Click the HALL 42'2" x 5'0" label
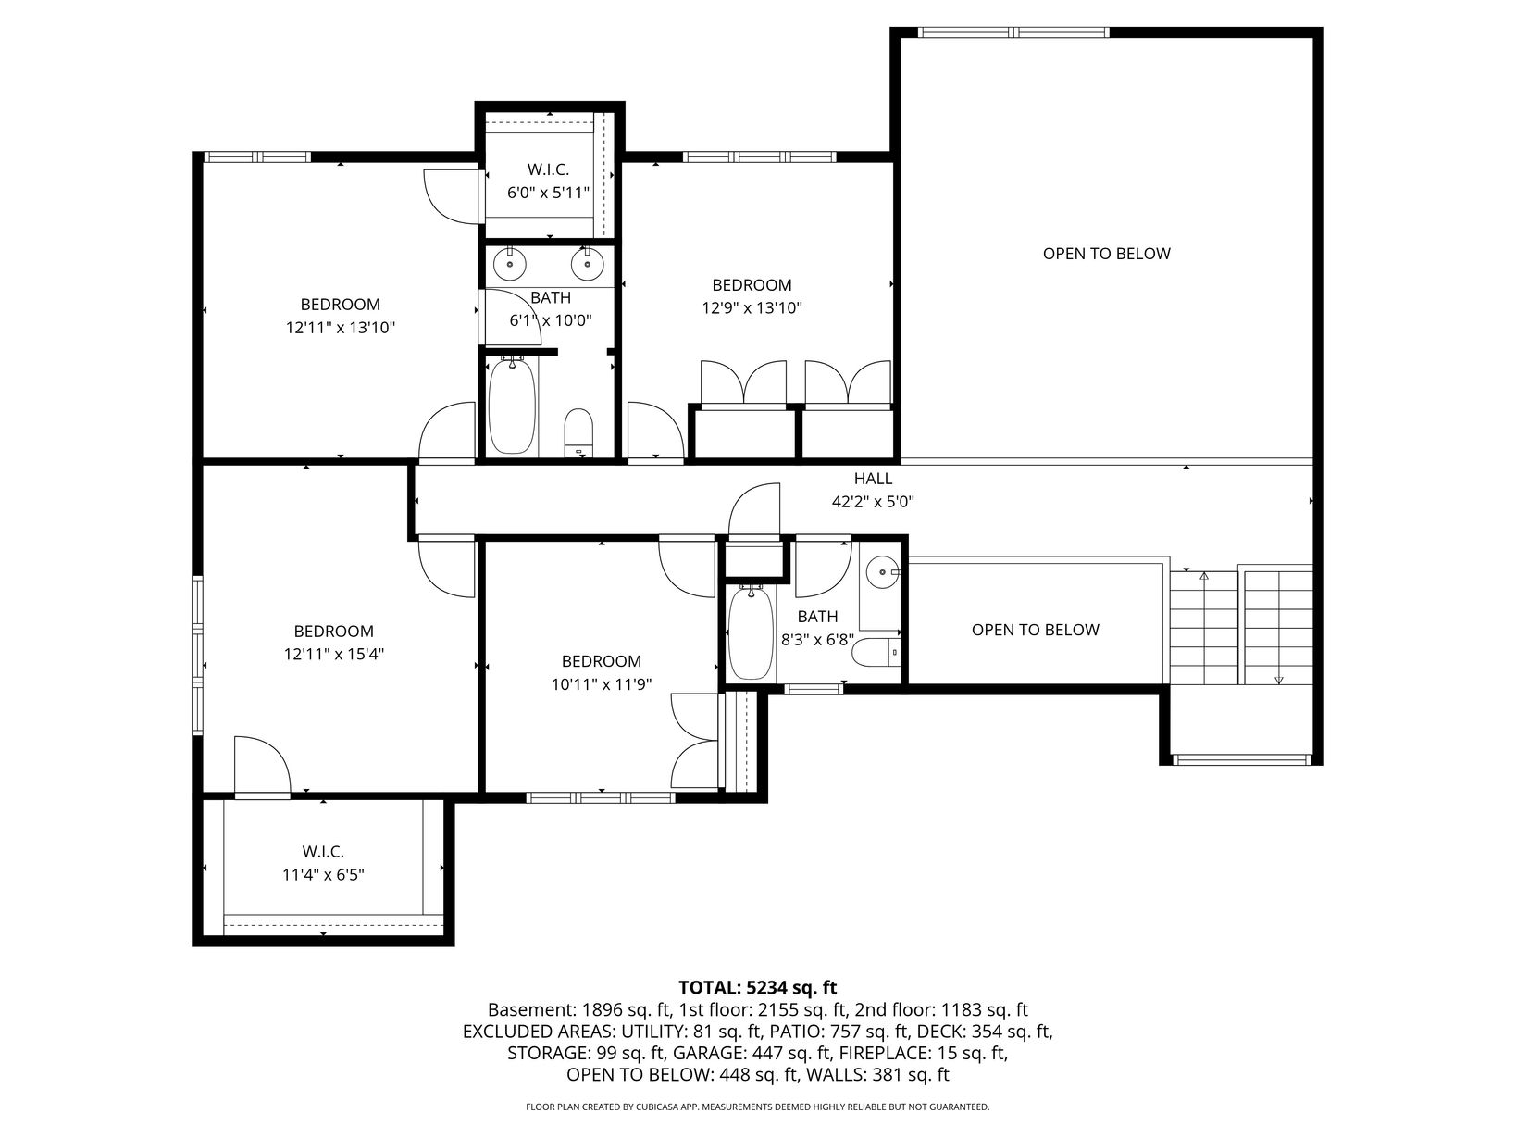(x=873, y=490)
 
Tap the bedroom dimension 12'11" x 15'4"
(x=333, y=654)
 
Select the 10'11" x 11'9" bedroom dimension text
(x=601, y=684)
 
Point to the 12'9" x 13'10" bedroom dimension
(x=752, y=308)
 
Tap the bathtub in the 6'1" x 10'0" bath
(x=512, y=405)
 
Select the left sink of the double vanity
(x=510, y=265)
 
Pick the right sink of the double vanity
(x=587, y=265)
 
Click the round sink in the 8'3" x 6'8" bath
(x=883, y=572)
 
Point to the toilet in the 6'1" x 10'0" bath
(x=578, y=433)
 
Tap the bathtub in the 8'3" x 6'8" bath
(x=751, y=632)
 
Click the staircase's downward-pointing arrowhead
(x=1278, y=681)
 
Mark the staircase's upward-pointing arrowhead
(x=1204, y=575)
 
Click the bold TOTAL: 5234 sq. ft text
(x=758, y=987)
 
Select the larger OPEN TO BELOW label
(x=1106, y=254)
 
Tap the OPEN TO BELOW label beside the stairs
(x=1036, y=630)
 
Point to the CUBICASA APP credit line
(x=758, y=1107)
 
